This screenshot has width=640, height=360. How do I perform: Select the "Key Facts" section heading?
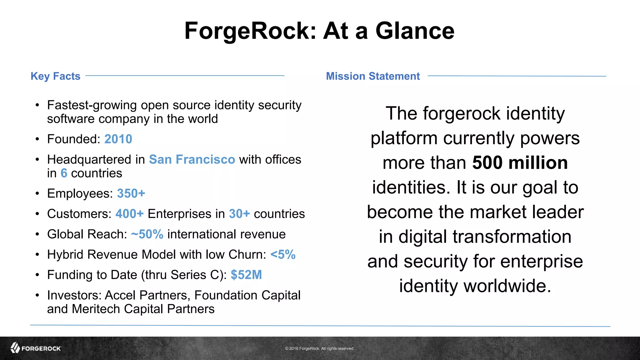pos(55,76)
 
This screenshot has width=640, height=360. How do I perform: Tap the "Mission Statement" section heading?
pos(373,76)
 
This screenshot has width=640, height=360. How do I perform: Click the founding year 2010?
pos(118,139)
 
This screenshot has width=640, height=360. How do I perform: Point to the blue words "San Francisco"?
pos(192,159)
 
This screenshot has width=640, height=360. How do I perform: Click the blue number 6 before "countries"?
pos(64,173)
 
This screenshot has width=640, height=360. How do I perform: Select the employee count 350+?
pos(131,193)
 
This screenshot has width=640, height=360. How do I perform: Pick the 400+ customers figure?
pos(129,214)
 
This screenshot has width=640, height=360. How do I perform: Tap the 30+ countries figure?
pos(239,214)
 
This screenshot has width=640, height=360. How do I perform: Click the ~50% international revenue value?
pos(147,234)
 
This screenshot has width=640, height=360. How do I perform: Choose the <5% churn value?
pos(283,254)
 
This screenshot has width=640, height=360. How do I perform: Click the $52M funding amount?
pos(246,275)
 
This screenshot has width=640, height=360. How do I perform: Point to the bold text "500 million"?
pos(520,163)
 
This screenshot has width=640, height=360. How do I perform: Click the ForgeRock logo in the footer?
pos(36,348)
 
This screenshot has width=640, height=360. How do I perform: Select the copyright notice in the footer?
pos(319,348)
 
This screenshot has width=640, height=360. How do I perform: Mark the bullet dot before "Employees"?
pos(37,194)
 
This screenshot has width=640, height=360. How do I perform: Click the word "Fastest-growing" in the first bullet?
pos(92,105)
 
